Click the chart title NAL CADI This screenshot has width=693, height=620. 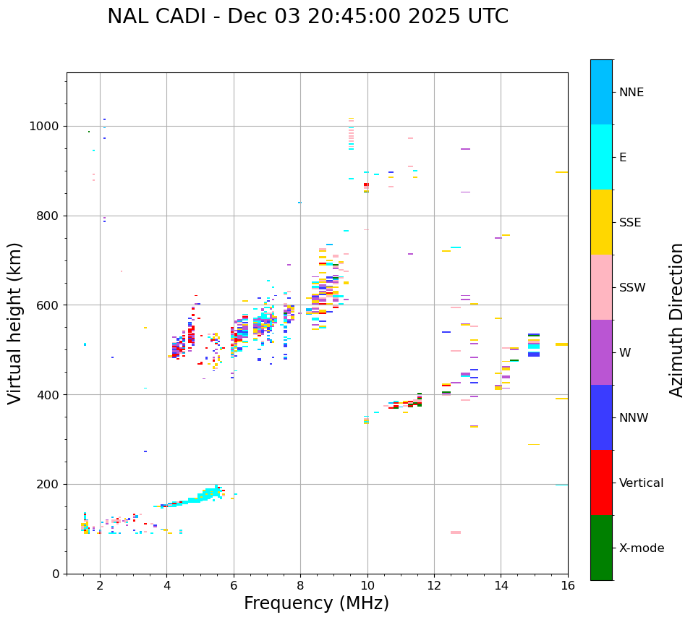click(307, 17)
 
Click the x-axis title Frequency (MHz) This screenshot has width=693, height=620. click(316, 603)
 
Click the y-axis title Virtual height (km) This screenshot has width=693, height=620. click(15, 323)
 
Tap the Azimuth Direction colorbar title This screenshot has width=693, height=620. click(676, 320)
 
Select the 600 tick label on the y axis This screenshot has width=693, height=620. click(48, 305)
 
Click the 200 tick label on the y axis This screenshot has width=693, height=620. click(48, 484)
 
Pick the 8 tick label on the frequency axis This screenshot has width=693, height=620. click(300, 585)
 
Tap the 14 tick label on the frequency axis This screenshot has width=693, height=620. click(501, 585)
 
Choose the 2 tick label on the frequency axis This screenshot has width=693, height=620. click(100, 585)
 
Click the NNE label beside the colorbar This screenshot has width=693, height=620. click(631, 93)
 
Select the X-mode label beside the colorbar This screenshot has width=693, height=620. click(641, 548)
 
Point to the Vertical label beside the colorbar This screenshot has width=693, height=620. click(641, 483)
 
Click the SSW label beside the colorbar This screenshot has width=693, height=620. click(632, 288)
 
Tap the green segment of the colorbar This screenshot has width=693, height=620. click(601, 548)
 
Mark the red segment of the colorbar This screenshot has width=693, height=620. click(601, 483)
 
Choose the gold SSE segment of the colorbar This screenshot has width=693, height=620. click(601, 222)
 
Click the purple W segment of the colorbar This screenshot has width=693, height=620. click(601, 352)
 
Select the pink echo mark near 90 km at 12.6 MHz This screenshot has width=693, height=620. click(456, 532)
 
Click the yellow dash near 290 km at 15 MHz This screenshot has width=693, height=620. click(534, 444)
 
